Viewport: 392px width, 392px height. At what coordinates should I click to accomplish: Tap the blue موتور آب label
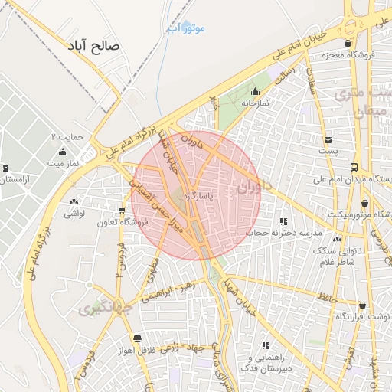[x=186, y=28]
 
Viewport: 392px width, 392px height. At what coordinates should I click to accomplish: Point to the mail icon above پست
[x=328, y=140]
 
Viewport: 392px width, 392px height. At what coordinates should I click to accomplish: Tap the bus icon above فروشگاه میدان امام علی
[x=353, y=167]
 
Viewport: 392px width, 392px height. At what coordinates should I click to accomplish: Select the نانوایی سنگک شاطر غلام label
[x=337, y=257]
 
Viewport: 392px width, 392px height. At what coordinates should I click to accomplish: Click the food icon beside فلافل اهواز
[x=137, y=338]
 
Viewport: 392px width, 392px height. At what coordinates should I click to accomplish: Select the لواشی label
[x=74, y=214]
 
